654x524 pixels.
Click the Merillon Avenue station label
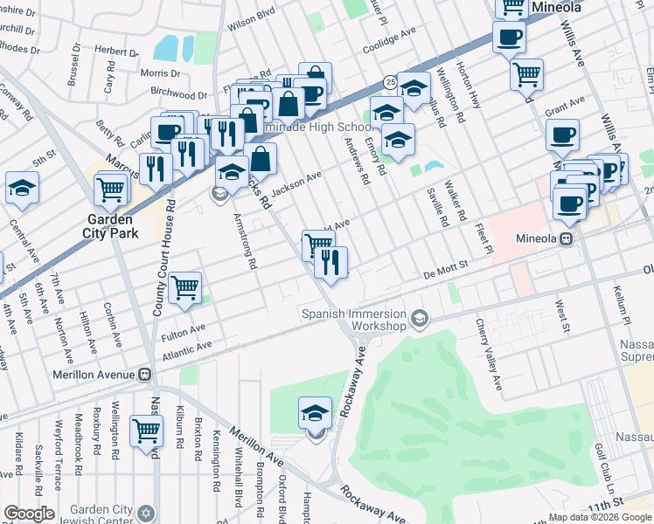coord(68,375)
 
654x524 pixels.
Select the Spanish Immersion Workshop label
coord(354,320)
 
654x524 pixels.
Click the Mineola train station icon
coord(567,238)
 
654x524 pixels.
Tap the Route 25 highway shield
coord(390,82)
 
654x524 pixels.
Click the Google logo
coord(30,514)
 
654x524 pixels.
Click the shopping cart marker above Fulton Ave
coord(184,286)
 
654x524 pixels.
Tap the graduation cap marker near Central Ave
coord(22,186)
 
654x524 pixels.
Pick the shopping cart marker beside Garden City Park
coord(112,187)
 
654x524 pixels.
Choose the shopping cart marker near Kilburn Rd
coord(146,430)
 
